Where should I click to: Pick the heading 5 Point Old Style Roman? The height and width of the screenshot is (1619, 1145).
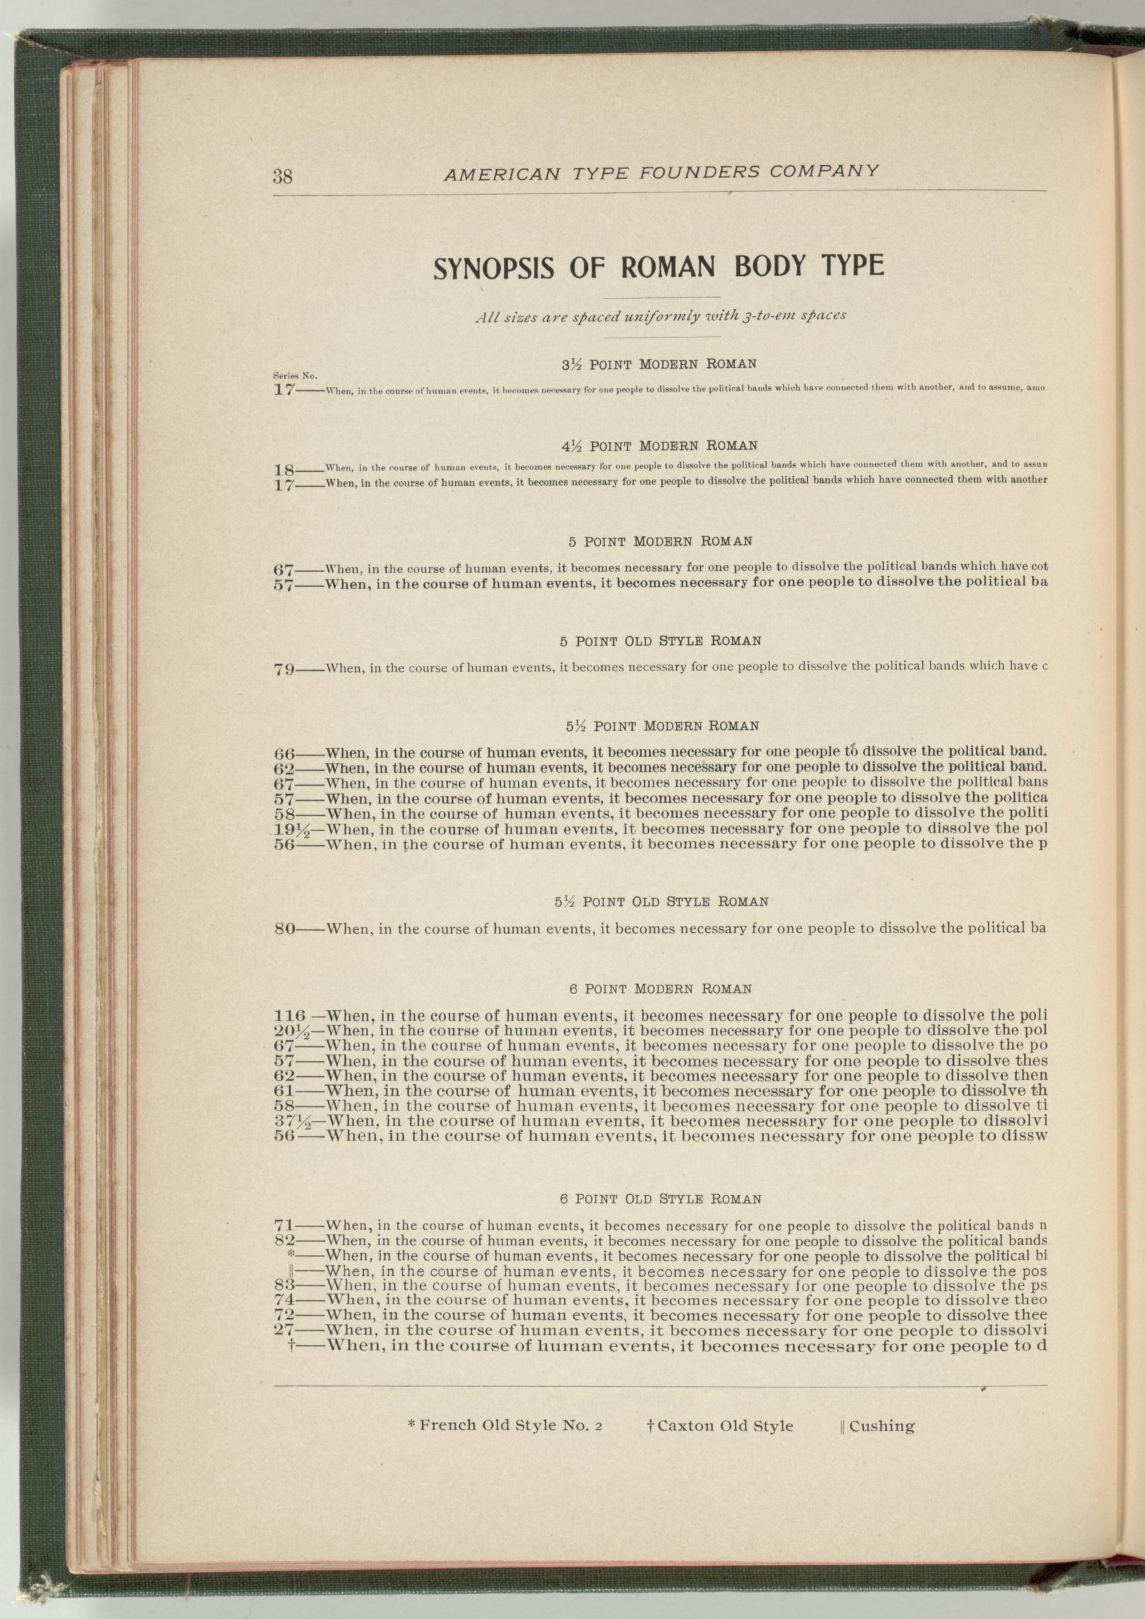(x=660, y=641)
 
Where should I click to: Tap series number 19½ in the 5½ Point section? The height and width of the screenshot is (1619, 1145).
(x=290, y=828)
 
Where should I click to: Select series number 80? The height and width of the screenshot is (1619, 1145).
(x=285, y=929)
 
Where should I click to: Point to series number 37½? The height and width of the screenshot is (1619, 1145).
(x=290, y=1120)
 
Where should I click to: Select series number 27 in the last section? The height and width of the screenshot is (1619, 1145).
(x=284, y=1331)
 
